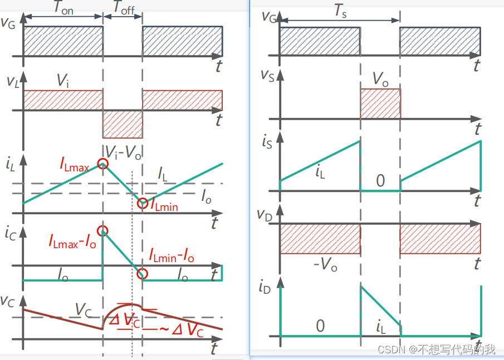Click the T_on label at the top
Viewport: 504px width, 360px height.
(63, 8)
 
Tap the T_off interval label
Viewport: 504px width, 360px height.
(124, 8)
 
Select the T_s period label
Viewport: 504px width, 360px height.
(340, 11)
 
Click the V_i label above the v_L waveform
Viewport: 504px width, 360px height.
(63, 80)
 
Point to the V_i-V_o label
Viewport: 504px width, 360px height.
(124, 153)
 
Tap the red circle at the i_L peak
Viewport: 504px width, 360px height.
(103, 164)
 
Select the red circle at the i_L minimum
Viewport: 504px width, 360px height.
(143, 203)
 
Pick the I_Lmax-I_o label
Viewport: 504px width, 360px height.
(72, 241)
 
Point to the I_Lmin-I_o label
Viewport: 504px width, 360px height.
(172, 255)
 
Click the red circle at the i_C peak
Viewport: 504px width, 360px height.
(103, 231)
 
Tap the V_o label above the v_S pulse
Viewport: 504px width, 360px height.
(380, 80)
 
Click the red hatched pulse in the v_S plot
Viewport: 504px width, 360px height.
(380, 103)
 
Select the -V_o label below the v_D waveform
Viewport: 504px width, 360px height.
(325, 265)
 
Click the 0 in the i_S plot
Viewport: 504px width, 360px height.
(380, 181)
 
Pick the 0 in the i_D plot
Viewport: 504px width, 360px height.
(320, 326)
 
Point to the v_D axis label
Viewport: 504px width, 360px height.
(265, 215)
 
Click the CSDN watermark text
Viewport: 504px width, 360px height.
(436, 349)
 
